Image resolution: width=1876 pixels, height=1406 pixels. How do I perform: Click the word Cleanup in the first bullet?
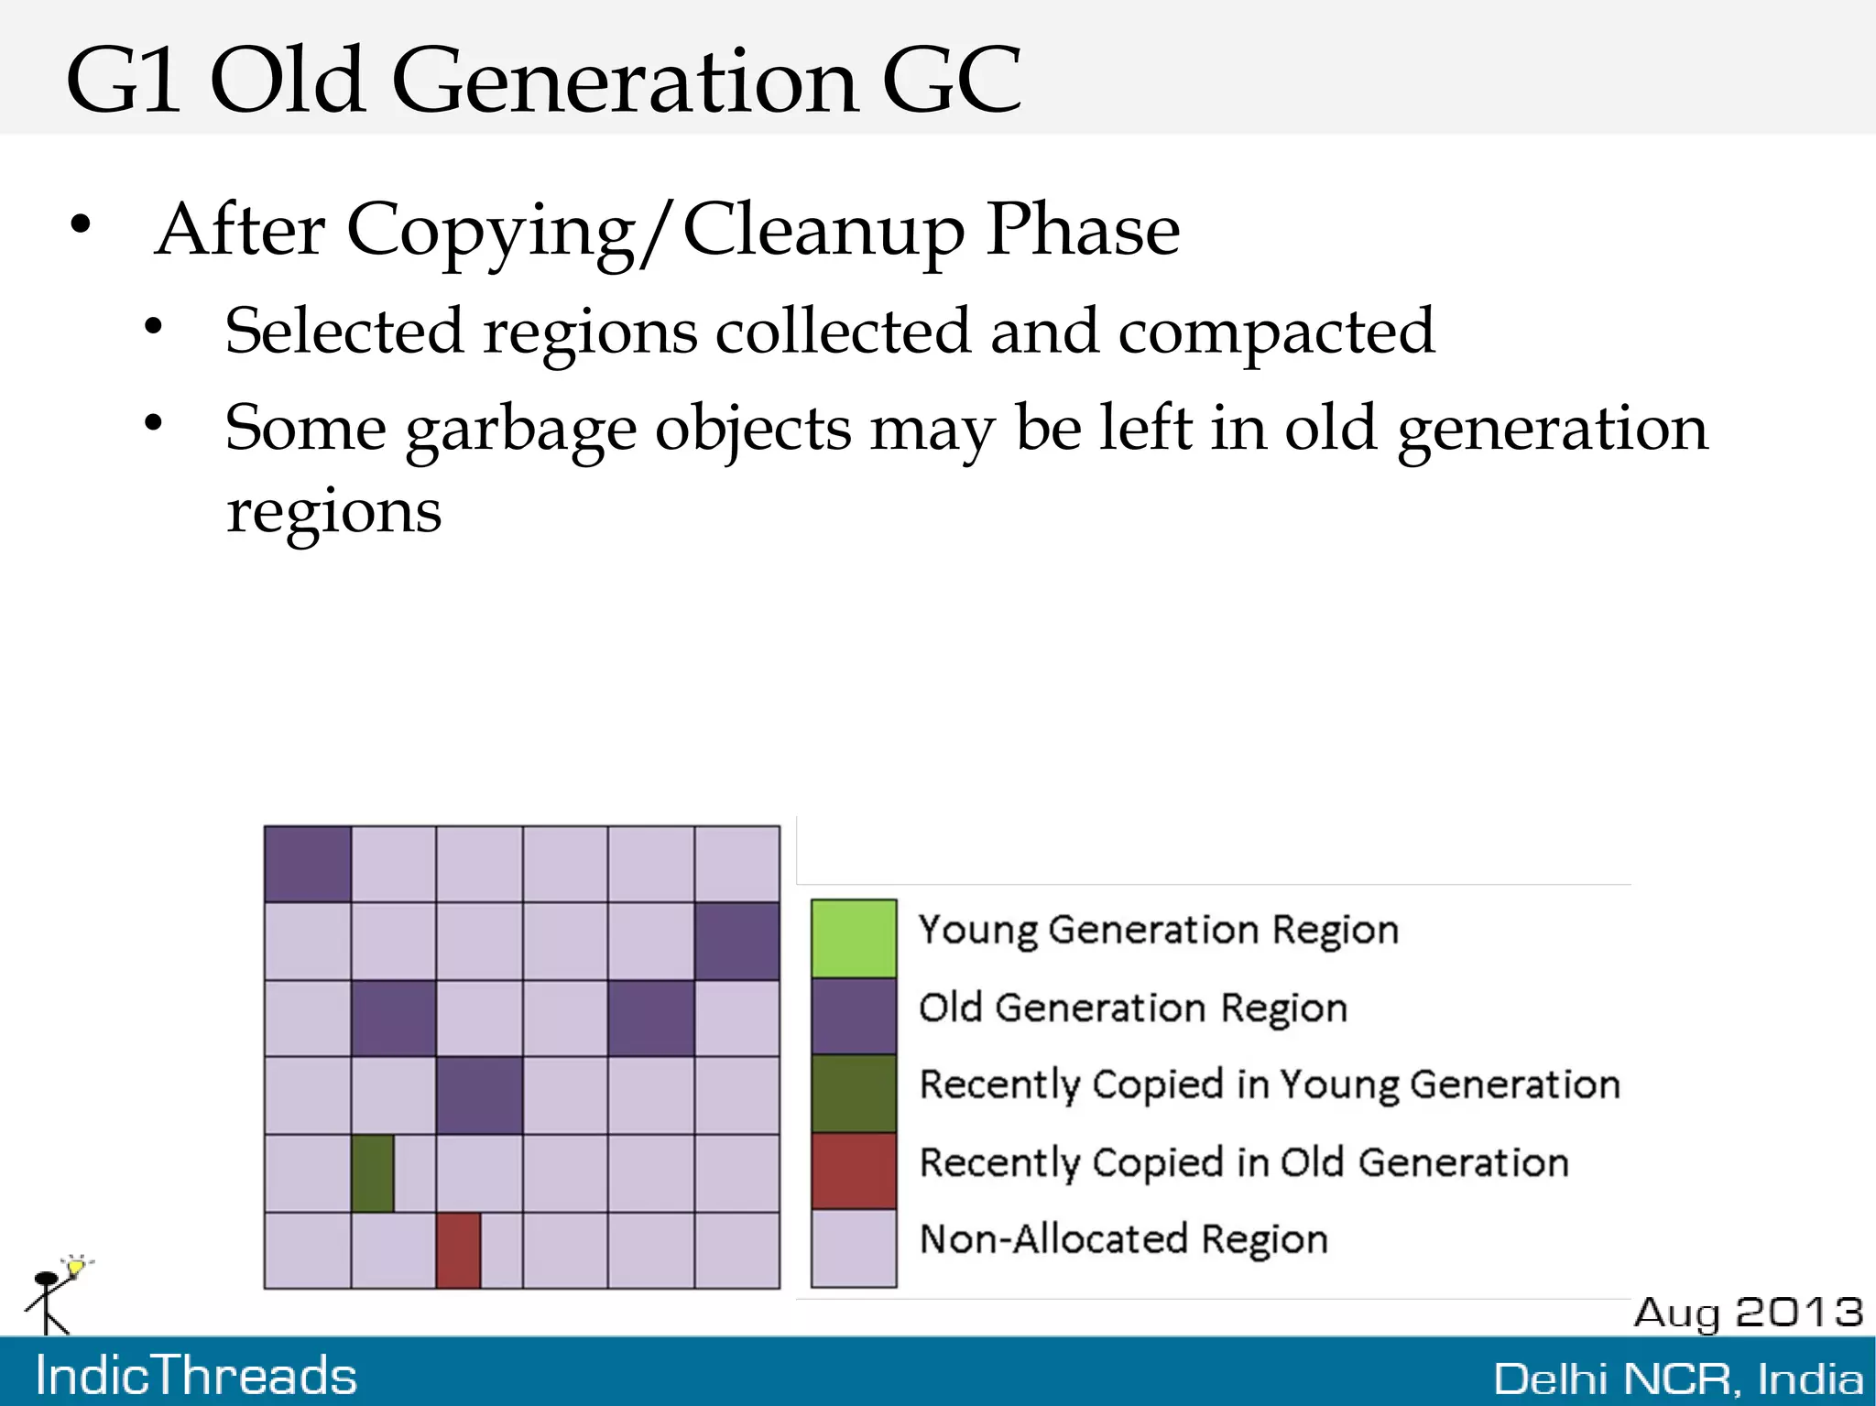click(823, 230)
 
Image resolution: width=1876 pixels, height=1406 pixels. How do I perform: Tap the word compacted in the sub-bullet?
click(1276, 331)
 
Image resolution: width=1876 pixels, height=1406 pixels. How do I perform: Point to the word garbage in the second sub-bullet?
click(520, 429)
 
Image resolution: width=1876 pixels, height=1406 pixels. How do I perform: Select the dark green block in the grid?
click(373, 1173)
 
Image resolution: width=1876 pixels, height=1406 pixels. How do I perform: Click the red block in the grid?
click(458, 1250)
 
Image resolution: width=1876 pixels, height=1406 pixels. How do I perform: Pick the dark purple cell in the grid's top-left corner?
click(308, 864)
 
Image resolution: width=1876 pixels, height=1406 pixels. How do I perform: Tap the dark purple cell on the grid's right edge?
click(736, 942)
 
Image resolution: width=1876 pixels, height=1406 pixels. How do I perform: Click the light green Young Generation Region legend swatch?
click(853, 938)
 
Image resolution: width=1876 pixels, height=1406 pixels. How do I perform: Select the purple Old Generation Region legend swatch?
click(853, 1016)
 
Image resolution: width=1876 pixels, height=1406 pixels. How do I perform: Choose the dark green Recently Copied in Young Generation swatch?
click(853, 1093)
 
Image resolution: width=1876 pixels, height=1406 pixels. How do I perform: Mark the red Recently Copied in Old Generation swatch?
click(853, 1170)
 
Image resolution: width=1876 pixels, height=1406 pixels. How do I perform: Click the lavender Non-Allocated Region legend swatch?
click(853, 1248)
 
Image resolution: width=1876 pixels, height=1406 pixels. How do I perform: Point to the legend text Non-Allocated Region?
click(1123, 1239)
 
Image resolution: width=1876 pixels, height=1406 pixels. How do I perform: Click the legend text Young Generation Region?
click(1158, 930)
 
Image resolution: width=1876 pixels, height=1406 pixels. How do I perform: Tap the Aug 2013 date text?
click(1748, 1312)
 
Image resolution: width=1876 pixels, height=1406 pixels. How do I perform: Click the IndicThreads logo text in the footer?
click(196, 1376)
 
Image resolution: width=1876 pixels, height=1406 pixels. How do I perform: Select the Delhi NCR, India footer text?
click(1678, 1379)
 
